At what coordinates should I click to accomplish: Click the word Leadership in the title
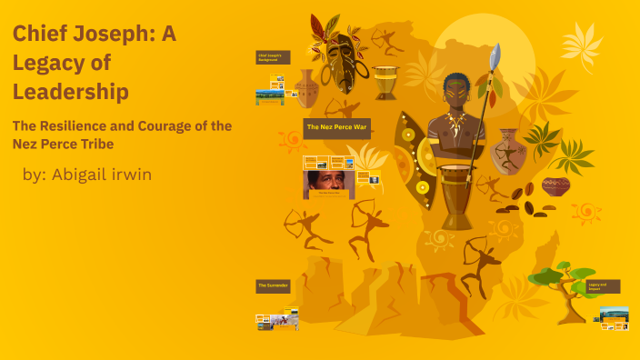[70, 92]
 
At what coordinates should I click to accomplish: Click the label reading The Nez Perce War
[337, 126]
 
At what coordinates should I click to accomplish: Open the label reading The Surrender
[273, 285]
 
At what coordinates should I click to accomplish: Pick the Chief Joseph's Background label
[273, 57]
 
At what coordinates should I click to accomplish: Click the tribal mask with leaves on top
[337, 59]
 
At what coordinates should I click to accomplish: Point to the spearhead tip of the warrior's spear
[495, 57]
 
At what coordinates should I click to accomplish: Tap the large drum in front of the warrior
[456, 195]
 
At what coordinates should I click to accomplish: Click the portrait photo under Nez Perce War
[329, 185]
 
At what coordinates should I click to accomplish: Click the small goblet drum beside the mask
[386, 83]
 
